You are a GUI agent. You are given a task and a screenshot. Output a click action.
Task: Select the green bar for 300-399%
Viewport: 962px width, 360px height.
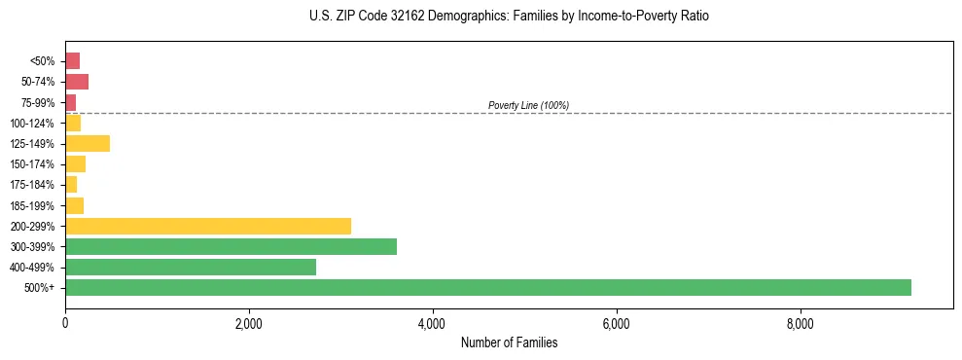pyautogui.click(x=231, y=246)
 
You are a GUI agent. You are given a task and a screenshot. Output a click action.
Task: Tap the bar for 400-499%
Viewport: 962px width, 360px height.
pyautogui.click(x=191, y=267)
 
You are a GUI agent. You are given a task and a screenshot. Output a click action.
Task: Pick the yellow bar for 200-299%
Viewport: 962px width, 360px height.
pyautogui.click(x=208, y=226)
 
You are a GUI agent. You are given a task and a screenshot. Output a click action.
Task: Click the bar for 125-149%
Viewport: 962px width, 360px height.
pyautogui.click(x=88, y=143)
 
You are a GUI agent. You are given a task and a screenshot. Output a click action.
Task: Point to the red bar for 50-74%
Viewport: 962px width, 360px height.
pyautogui.click(x=77, y=82)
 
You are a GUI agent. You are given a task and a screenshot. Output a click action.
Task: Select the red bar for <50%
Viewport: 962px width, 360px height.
pyautogui.click(x=73, y=60)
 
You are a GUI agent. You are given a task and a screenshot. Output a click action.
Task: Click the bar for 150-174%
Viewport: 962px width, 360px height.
pyautogui.click(x=76, y=163)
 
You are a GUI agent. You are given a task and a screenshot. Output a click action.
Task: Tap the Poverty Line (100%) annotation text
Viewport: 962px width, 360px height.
pyautogui.click(x=528, y=105)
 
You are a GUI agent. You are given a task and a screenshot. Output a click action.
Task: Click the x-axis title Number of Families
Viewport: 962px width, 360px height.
pyautogui.click(x=509, y=342)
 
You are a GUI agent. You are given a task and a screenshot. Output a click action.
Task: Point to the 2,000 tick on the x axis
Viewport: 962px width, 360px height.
pyautogui.click(x=249, y=323)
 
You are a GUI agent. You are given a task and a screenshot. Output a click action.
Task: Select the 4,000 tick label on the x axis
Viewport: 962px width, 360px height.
pyautogui.click(x=433, y=323)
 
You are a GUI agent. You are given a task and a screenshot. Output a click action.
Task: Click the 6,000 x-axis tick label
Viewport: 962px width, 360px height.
pyautogui.click(x=617, y=323)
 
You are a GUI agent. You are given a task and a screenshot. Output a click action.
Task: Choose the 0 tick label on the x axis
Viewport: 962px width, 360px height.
pyautogui.click(x=65, y=323)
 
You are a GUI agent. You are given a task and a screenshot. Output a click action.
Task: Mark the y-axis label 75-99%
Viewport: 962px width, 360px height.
pyautogui.click(x=39, y=102)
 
